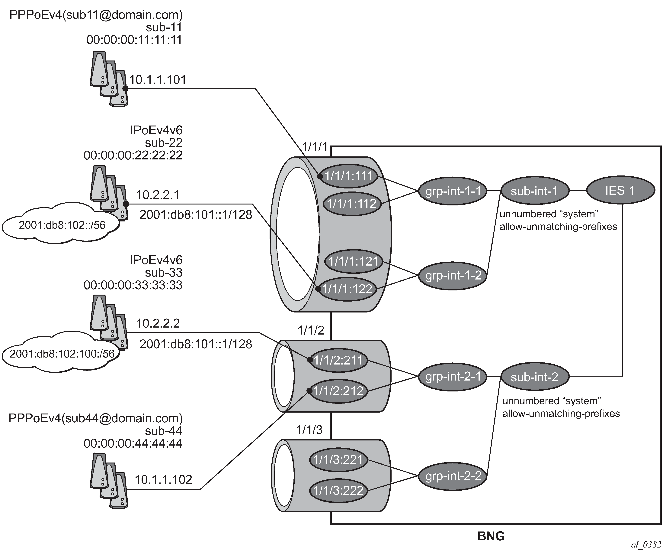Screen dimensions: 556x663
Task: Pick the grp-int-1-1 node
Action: point(453,191)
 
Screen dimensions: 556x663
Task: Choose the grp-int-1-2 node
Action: point(453,276)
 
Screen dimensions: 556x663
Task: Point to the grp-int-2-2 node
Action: point(453,476)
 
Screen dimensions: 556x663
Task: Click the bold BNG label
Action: point(491,536)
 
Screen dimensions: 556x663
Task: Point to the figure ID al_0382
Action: point(646,545)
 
